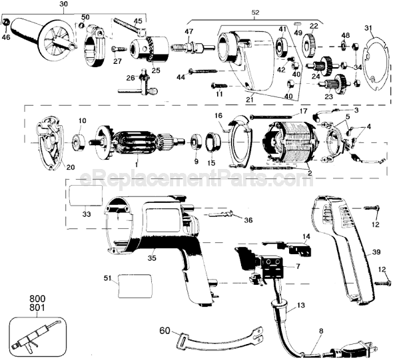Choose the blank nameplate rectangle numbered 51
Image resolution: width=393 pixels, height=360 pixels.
(x=135, y=286)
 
